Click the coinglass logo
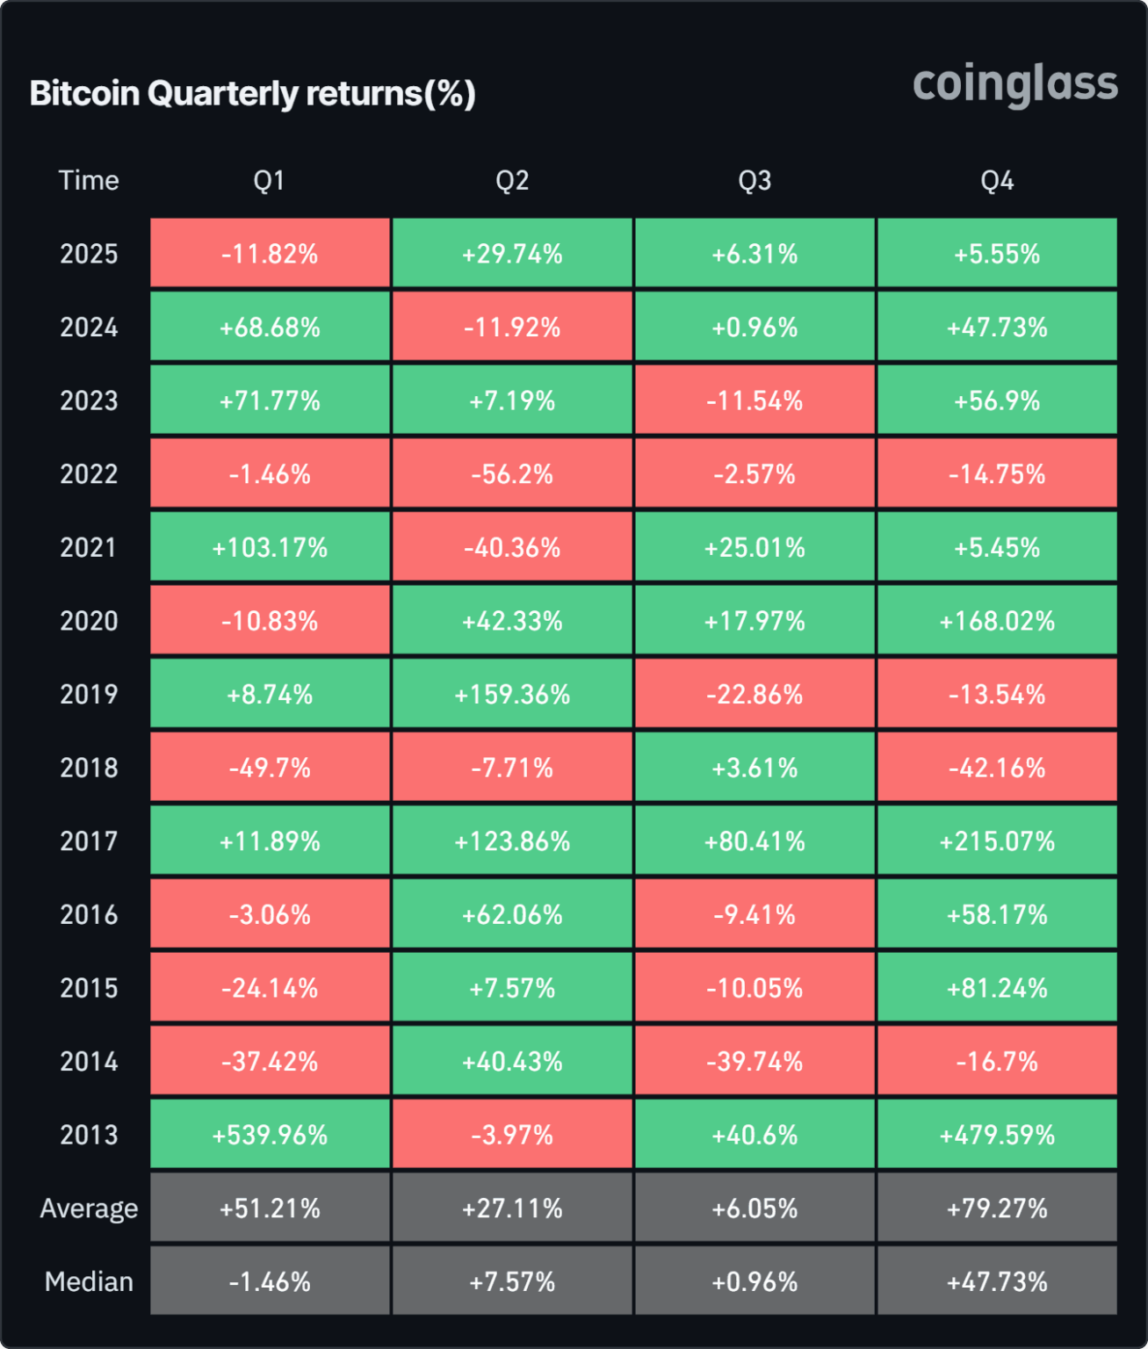tap(1014, 85)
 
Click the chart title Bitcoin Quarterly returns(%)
tap(253, 93)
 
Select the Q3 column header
tap(755, 181)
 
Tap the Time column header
tap(89, 181)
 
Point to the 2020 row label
tap(89, 621)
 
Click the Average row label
tap(89, 1208)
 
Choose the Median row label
tap(89, 1281)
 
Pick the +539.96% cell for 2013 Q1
tap(270, 1135)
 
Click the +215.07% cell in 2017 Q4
tap(997, 841)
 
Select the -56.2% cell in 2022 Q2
tap(512, 474)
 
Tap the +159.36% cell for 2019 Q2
tap(512, 695)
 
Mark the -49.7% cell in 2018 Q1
tap(270, 768)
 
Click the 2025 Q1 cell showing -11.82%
tap(270, 254)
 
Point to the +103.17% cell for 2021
tap(270, 548)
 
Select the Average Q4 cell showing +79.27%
tap(997, 1208)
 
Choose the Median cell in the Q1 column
tap(270, 1281)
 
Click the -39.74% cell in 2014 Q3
tap(755, 1062)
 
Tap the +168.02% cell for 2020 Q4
tap(997, 621)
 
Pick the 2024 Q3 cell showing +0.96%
tap(755, 328)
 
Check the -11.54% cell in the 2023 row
tap(755, 401)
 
